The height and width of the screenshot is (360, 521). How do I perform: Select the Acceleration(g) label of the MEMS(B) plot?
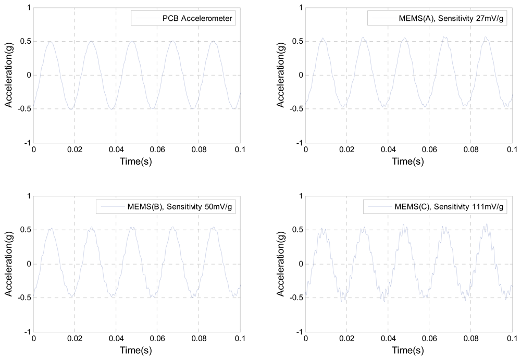tap(9, 264)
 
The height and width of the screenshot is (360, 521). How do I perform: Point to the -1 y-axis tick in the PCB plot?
tap(26, 143)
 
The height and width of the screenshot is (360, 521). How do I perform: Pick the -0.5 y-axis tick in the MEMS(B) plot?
tap(23, 297)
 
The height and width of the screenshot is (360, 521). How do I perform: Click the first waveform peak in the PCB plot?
tap(51, 42)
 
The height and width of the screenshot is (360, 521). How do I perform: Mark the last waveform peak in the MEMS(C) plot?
tap(487, 225)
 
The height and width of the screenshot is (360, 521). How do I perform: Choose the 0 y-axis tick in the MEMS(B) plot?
tap(27, 264)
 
